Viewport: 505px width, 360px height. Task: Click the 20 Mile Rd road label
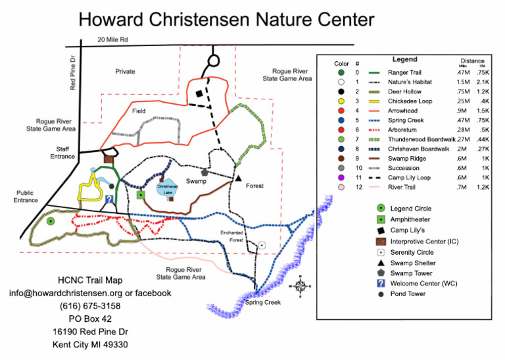pos(112,40)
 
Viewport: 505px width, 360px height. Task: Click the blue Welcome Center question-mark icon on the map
pos(109,199)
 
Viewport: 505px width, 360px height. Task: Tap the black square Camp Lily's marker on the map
pos(198,94)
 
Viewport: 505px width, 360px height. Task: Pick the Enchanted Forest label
pos(231,236)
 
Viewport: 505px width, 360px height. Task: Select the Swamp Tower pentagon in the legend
pos(379,272)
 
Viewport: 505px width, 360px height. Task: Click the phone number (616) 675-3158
pos(89,305)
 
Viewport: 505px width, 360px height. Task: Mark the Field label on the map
pos(138,111)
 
